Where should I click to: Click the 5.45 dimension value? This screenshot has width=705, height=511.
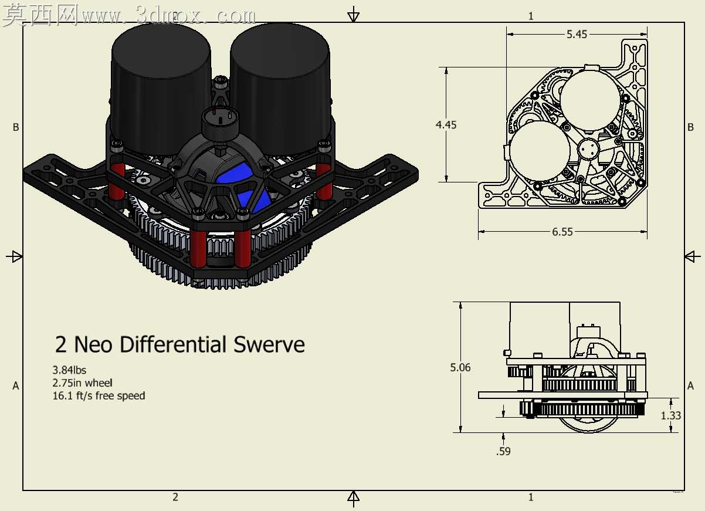[x=577, y=34]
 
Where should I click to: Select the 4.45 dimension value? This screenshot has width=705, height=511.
[x=446, y=125]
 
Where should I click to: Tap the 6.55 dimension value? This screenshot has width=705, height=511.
[x=562, y=232]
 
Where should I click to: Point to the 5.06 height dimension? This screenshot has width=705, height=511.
[x=460, y=367]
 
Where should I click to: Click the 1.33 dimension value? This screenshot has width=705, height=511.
[x=671, y=415]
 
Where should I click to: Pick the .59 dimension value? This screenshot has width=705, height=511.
[x=503, y=451]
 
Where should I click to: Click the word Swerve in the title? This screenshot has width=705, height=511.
[x=269, y=344]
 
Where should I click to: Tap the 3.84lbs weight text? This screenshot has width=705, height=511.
[x=69, y=370]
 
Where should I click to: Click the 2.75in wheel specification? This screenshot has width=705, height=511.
[x=82, y=383]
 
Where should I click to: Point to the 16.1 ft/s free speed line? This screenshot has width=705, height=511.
[x=99, y=396]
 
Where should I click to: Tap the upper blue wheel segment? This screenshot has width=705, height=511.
[x=235, y=172]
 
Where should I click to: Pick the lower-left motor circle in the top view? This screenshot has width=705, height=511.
[x=540, y=151]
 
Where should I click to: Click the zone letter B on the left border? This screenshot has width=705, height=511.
[x=16, y=127]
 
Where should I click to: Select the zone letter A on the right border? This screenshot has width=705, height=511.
[x=690, y=385]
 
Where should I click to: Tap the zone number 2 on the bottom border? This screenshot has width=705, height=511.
[x=175, y=497]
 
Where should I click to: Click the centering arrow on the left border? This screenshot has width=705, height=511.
[x=14, y=256]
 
